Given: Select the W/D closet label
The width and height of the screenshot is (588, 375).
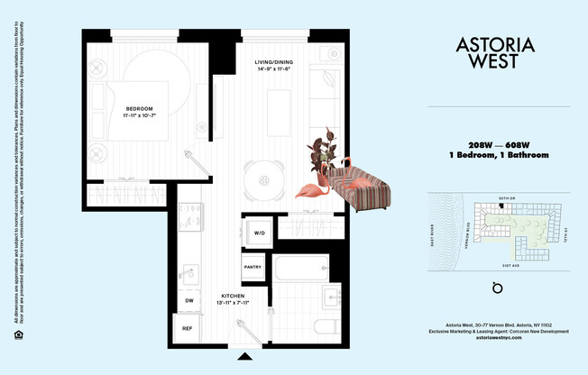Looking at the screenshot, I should pyautogui.click(x=259, y=233).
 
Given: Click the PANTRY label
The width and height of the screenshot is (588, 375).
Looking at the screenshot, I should pyautogui.click(x=253, y=268).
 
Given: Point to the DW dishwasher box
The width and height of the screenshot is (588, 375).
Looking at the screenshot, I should pyautogui.click(x=189, y=300).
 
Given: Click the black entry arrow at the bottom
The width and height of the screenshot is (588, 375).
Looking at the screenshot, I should pyautogui.click(x=243, y=356).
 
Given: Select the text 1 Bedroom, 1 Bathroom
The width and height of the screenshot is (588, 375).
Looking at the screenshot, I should pyautogui.click(x=498, y=156).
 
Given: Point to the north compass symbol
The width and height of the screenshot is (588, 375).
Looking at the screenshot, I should pyautogui.click(x=493, y=288).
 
